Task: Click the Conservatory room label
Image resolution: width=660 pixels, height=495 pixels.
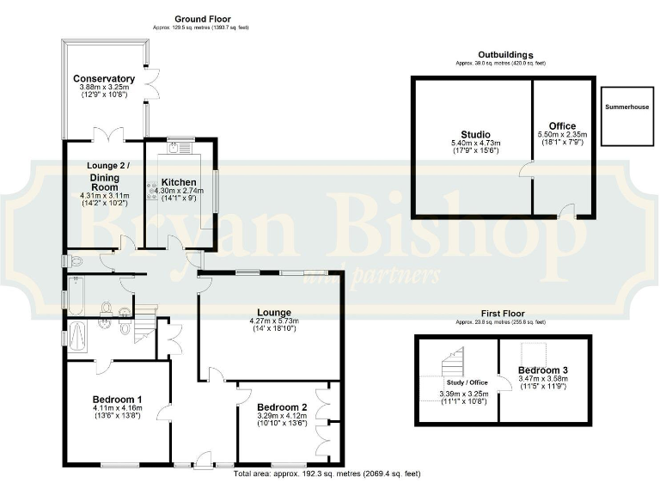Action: point(103,79)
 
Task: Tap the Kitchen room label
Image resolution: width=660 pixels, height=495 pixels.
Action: point(180,182)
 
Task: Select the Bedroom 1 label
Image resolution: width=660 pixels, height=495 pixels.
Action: point(117,400)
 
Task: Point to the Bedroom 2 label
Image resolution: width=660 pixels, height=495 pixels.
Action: point(282,406)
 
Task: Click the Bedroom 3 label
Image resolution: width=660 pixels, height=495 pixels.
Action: point(543,370)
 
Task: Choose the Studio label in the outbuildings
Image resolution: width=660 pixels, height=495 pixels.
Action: point(475,135)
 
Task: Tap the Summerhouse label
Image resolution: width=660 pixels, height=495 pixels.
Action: point(626,107)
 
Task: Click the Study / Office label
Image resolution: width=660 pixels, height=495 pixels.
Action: point(467,383)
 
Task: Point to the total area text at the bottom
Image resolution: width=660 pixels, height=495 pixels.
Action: point(327,474)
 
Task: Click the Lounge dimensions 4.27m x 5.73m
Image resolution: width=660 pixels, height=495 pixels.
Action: point(272,321)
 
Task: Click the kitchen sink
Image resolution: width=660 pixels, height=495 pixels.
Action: point(179,148)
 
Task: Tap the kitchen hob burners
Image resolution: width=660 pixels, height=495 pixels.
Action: point(152,189)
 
